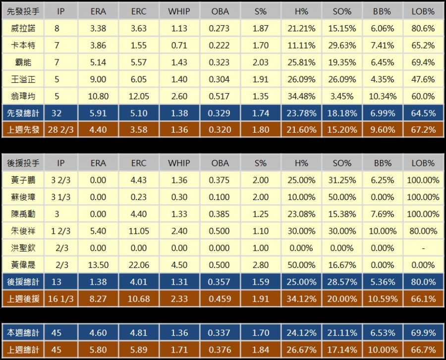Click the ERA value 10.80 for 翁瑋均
[98, 96]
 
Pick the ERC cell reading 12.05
[139, 96]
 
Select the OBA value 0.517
[220, 96]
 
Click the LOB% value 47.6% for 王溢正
[423, 79]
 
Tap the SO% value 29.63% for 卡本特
[341, 46]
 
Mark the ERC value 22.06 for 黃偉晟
[139, 265]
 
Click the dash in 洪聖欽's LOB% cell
[423, 248]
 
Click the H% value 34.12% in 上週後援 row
[301, 299]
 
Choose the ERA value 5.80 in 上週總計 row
[98, 350]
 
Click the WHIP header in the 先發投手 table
[179, 11]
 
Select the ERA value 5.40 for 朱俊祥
[98, 231]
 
